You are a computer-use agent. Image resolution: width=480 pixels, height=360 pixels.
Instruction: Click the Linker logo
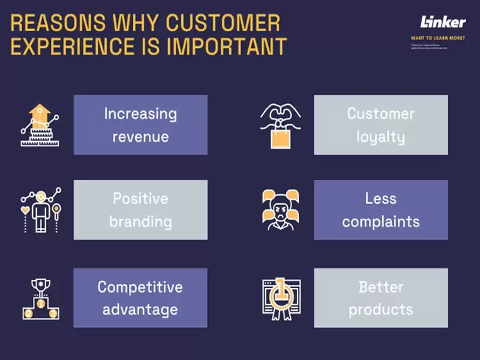click(443, 22)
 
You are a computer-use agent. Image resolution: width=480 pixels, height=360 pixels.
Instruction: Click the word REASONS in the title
click(47, 23)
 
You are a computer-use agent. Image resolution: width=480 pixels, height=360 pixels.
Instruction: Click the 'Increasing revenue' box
click(140, 125)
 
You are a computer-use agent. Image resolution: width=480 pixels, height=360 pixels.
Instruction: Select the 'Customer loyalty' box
click(380, 125)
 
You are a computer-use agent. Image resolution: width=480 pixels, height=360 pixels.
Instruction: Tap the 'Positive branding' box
click(140, 210)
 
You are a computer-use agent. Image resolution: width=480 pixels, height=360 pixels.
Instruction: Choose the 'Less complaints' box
click(380, 210)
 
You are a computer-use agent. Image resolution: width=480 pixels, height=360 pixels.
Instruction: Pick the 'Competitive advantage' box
click(140, 298)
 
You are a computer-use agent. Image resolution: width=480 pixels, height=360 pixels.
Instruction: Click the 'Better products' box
click(380, 298)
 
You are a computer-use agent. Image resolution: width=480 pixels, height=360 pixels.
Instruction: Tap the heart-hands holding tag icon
click(280, 125)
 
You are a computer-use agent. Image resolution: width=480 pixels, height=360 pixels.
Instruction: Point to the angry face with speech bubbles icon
click(280, 210)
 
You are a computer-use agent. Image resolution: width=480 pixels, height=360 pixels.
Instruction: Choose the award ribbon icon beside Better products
click(280, 298)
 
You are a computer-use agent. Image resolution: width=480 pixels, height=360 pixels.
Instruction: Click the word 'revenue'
click(140, 137)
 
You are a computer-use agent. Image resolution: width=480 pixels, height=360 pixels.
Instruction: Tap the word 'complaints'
click(380, 221)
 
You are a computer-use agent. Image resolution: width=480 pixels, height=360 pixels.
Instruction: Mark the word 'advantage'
click(140, 310)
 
